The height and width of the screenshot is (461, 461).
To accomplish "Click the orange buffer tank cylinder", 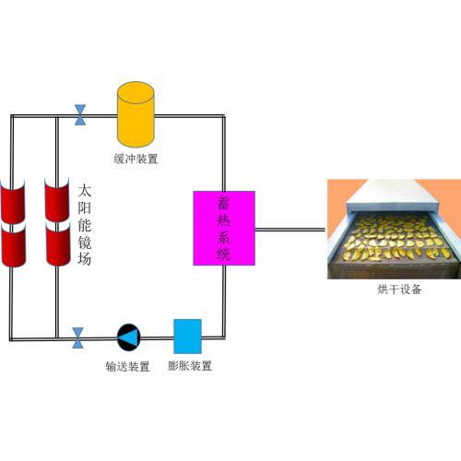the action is coord(136,114).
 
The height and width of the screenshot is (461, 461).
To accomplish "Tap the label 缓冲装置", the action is coord(136,159).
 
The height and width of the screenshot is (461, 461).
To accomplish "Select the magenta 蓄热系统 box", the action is coord(224,228).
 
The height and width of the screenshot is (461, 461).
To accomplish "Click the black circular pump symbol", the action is coord(129,337).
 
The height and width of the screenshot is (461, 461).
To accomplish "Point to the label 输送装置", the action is coord(127,366).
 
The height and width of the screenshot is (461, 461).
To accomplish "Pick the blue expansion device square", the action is coord(187,337).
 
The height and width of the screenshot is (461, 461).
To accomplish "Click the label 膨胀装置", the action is coord(190,366).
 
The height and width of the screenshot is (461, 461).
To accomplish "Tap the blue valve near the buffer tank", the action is coord(80,115).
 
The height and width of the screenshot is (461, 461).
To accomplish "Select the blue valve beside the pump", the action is coord(77,338).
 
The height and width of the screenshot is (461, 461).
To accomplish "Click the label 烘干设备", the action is coord(399,290).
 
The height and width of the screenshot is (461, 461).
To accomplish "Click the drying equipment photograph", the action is coord(394,229).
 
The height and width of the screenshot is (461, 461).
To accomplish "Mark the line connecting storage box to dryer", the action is coord(290,230).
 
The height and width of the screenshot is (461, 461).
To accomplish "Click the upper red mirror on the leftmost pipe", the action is coord(12,201).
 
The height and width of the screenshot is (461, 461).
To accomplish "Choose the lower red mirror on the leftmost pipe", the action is coord(13,244).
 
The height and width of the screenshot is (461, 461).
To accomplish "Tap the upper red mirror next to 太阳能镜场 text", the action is coord(57,199).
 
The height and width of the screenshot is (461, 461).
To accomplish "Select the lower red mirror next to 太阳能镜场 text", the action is coord(58,243).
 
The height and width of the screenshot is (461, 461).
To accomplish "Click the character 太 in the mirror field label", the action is coord(84,191).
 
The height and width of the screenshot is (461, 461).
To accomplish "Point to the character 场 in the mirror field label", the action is coord(84,258).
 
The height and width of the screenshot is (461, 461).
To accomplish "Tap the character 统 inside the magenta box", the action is coord(224,254).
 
